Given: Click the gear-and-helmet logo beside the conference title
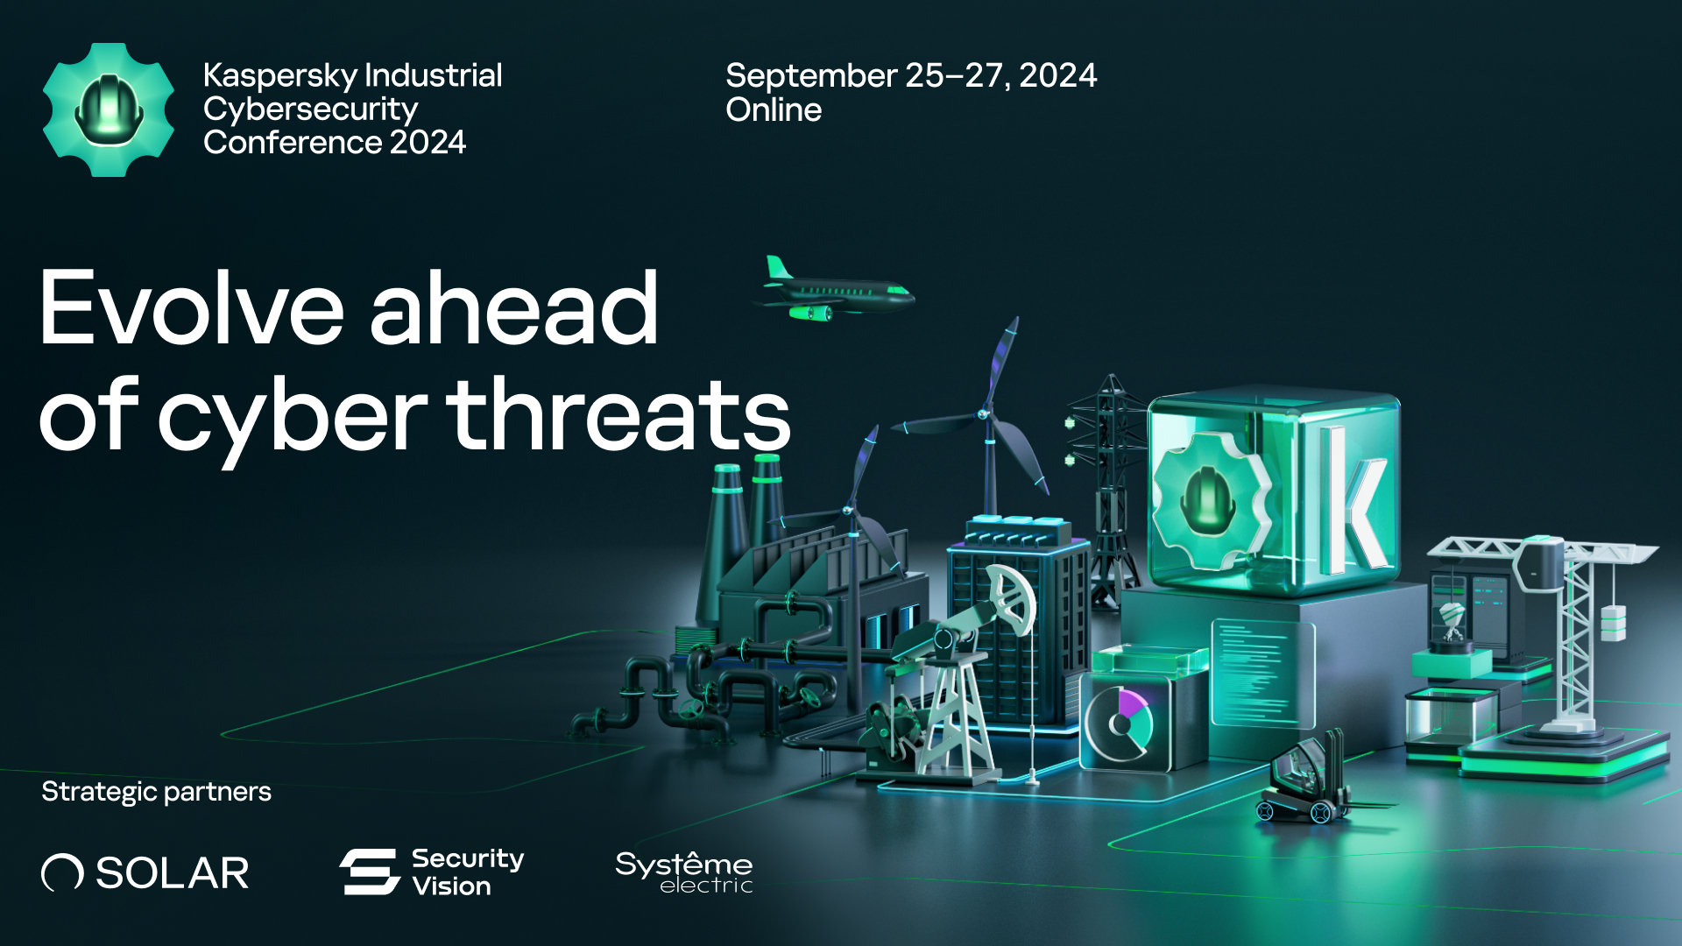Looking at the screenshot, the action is (x=109, y=109).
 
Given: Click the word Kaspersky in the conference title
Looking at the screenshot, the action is (x=280, y=76).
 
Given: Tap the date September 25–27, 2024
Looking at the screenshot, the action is (x=911, y=76).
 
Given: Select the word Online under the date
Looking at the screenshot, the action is (x=774, y=110).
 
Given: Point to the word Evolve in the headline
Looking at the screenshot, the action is (x=192, y=307).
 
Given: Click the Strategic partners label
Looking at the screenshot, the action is (x=156, y=792).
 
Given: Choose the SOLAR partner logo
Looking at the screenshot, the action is (x=145, y=872).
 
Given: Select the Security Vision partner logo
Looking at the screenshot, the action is (x=432, y=872).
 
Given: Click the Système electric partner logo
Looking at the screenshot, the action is (x=684, y=872).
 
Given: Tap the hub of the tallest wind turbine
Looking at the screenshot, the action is (x=984, y=414).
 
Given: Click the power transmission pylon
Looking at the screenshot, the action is (x=1109, y=491).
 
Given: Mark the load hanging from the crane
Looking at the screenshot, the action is (x=1613, y=622).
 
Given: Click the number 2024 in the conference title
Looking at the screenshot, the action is (x=428, y=143).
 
